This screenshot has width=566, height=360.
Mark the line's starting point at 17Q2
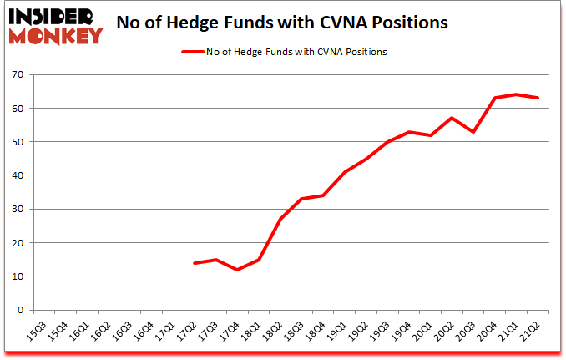coord(195,263)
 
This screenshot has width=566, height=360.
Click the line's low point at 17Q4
coord(237,270)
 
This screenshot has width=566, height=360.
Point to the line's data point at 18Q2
coord(280,219)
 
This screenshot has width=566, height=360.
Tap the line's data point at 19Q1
coord(345,172)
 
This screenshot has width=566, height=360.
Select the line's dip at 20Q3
coord(474,131)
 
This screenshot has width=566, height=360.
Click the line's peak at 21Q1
coord(518,94)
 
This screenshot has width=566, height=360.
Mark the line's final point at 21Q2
coord(538,98)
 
